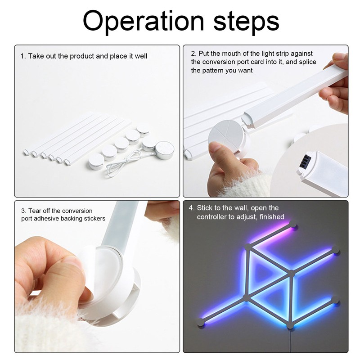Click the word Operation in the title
(144, 21)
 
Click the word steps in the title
(246, 22)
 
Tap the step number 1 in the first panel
(23, 56)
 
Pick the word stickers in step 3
(94, 218)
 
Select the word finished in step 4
(272, 217)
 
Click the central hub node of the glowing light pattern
(291, 274)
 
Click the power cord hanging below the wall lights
(291, 340)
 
